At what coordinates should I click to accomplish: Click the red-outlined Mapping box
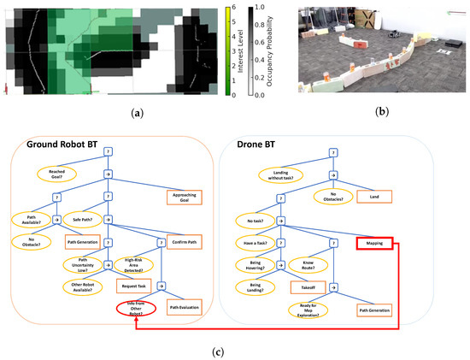click(375, 243)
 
